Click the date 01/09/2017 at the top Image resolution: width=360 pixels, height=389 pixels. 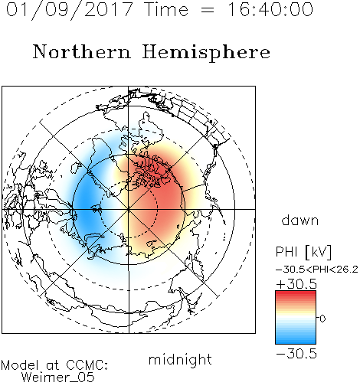pos(70,10)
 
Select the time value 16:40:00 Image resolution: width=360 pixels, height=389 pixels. pos(270,9)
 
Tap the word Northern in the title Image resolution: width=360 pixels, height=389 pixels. pos(82,51)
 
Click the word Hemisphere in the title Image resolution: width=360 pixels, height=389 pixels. pos(206,53)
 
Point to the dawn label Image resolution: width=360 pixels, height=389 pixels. pos(300,220)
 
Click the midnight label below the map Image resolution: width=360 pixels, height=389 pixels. pos(180,359)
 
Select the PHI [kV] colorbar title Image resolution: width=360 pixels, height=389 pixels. pos(303,252)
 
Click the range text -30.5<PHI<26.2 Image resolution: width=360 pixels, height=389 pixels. pos(317,270)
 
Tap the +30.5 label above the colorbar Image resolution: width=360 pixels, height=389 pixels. pos(296,284)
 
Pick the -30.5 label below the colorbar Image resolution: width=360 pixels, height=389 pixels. pos(296,354)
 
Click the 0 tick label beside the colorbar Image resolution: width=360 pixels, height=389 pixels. pos(322,319)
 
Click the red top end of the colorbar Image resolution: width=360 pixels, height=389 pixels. pos(296,294)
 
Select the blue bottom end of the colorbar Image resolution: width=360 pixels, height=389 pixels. pos(296,341)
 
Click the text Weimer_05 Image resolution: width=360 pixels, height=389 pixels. pos(57,377)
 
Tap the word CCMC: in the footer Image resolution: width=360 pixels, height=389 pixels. pos(87,365)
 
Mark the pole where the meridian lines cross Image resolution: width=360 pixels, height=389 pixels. pos(129,209)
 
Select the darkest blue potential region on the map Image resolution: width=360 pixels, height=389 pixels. pos(86,204)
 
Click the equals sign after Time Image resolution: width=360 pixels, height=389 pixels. pos(208,10)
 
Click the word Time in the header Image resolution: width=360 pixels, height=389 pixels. pos(166,9)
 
